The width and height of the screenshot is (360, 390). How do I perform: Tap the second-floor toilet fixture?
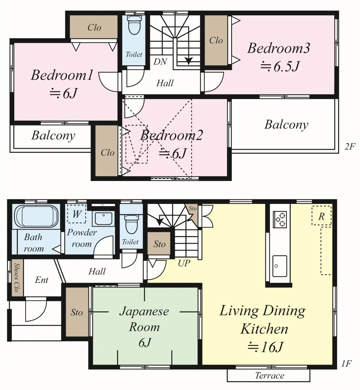tap(134, 25)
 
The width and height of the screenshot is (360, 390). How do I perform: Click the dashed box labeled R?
tap(321, 216)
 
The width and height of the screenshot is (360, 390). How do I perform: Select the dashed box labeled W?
tap(76, 214)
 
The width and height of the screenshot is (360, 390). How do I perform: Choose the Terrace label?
tap(269, 376)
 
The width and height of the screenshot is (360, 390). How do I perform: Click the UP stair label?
tap(184, 263)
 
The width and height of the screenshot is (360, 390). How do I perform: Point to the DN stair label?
tap(160, 62)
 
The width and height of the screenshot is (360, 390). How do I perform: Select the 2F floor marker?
tap(350, 146)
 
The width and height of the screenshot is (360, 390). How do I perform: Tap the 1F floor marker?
tap(346, 364)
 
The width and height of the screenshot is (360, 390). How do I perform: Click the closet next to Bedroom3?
tap(216, 40)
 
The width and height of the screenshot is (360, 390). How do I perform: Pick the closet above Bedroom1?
tap(94, 27)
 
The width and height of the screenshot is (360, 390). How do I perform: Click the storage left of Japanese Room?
tap(77, 312)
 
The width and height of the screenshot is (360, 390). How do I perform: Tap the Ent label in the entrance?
tap(42, 280)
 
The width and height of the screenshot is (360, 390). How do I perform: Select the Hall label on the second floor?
tap(165, 83)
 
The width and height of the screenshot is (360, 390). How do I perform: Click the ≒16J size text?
tap(265, 347)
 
